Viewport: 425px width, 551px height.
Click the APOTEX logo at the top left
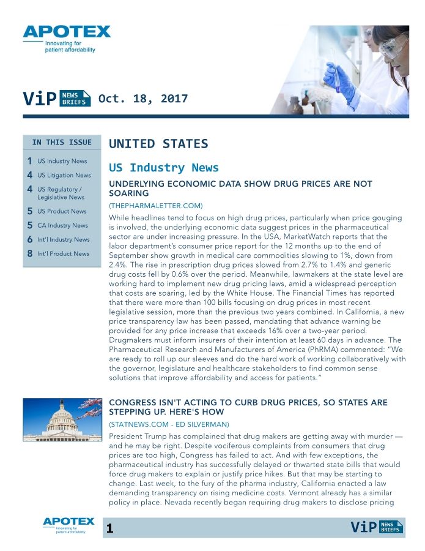pyautogui.click(x=67, y=32)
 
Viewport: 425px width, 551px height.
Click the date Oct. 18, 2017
pyautogui.click(x=143, y=99)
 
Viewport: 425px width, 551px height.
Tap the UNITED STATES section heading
pyautogui.click(x=158, y=144)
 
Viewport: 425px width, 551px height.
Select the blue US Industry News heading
pyautogui.click(x=163, y=168)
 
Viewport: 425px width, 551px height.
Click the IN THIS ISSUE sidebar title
pyautogui.click(x=62, y=143)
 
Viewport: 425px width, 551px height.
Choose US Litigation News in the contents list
pyautogui.click(x=64, y=175)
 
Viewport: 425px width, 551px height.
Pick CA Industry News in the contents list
pyautogui.click(x=62, y=225)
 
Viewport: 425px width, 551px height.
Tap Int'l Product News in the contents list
pyautogui.click(x=63, y=253)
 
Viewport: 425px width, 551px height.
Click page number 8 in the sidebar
pyautogui.click(x=29, y=254)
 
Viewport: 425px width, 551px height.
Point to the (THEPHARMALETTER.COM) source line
pyautogui.click(x=155, y=205)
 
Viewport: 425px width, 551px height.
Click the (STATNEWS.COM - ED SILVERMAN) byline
pyautogui.click(x=169, y=424)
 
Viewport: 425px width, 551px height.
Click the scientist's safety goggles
pyautogui.click(x=393, y=46)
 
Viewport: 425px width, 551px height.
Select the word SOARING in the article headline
pyautogui.click(x=128, y=193)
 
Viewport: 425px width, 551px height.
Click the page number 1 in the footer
pyautogui.click(x=109, y=528)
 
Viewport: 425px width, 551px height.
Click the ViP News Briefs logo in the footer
pyautogui.click(x=377, y=527)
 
